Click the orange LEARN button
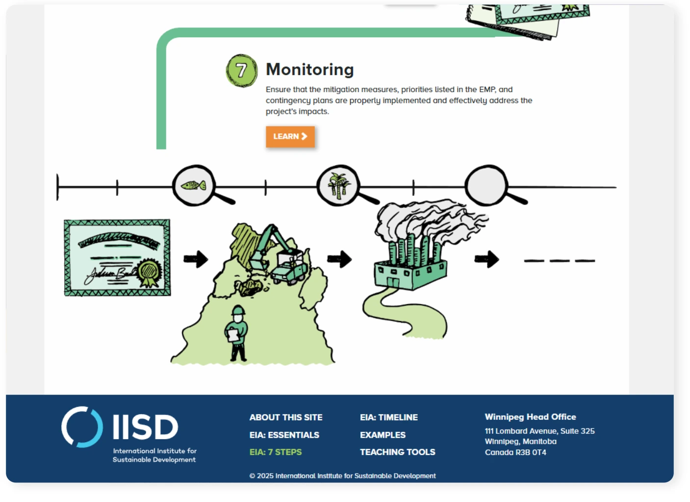pyautogui.click(x=290, y=137)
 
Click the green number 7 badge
pyautogui.click(x=241, y=71)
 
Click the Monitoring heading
pyautogui.click(x=309, y=70)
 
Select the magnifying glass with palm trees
pyautogui.click(x=338, y=185)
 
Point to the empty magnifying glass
pyautogui.click(x=486, y=185)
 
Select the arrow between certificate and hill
pyautogui.click(x=196, y=259)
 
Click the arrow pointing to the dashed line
pyautogui.click(x=487, y=259)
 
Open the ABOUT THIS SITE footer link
pyautogui.click(x=286, y=418)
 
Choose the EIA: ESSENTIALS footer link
pyautogui.click(x=284, y=435)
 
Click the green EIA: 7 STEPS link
pyautogui.click(x=276, y=452)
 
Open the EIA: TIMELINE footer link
pyautogui.click(x=389, y=418)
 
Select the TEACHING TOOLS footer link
pyautogui.click(x=398, y=452)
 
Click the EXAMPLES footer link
pyautogui.click(x=383, y=435)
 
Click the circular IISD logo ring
pyautogui.click(x=82, y=427)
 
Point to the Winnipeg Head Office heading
pyautogui.click(x=530, y=417)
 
